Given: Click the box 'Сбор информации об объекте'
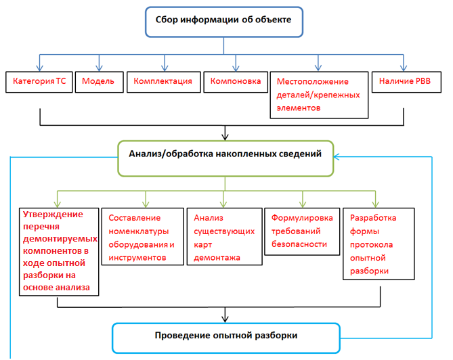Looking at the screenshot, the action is tap(224, 22).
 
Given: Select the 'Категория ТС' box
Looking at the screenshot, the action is tap(39, 82).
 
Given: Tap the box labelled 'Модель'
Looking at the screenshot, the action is tap(100, 82).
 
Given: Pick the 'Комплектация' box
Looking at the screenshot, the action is tap(163, 82).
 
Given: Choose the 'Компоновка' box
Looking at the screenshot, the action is tap(236, 82).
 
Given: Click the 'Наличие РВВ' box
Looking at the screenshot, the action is tap(406, 82).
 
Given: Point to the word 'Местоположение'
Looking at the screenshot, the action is tap(313, 82).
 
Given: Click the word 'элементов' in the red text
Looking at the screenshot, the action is tap(299, 108).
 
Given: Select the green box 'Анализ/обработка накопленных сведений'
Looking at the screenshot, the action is tap(225, 158).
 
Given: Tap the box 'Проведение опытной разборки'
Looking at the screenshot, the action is tap(226, 338).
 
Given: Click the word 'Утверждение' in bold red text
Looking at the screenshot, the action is tap(53, 215).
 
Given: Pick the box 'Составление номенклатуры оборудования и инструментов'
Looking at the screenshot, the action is tap(143, 236).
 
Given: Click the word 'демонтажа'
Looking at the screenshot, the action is tap(217, 258).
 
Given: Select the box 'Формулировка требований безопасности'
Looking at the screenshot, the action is tap(302, 231).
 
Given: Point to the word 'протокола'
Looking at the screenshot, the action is tap(371, 245).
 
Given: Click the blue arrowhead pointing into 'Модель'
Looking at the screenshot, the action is tap(99, 68).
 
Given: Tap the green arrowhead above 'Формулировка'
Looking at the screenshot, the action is tap(303, 204).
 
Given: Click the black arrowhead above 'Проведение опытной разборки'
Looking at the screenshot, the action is tap(225, 319).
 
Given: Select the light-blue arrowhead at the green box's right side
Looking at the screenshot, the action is tap(337, 157).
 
